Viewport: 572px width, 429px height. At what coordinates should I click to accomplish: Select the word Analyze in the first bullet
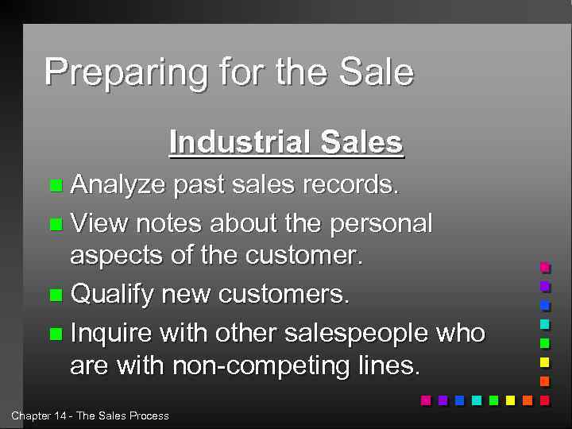pos(118,185)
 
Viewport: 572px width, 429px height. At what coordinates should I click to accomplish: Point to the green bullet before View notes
pos(54,224)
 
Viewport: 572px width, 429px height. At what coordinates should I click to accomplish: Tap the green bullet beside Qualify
pos(54,296)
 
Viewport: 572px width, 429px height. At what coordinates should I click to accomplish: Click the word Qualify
pos(112,295)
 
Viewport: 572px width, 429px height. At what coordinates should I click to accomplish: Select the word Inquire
pos(112,332)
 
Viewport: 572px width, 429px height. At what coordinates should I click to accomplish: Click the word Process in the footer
pos(149,415)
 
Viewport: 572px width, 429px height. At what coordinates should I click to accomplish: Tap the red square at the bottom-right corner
pos(544,400)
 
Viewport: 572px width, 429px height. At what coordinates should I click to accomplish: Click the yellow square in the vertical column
pos(544,362)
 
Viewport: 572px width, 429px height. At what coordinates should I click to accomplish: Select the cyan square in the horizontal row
pos(476,400)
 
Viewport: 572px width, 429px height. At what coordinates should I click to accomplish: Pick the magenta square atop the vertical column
pos(544,267)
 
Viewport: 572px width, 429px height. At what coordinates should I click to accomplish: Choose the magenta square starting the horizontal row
pos(425,400)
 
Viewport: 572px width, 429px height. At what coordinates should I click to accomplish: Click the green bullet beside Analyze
pos(54,186)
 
